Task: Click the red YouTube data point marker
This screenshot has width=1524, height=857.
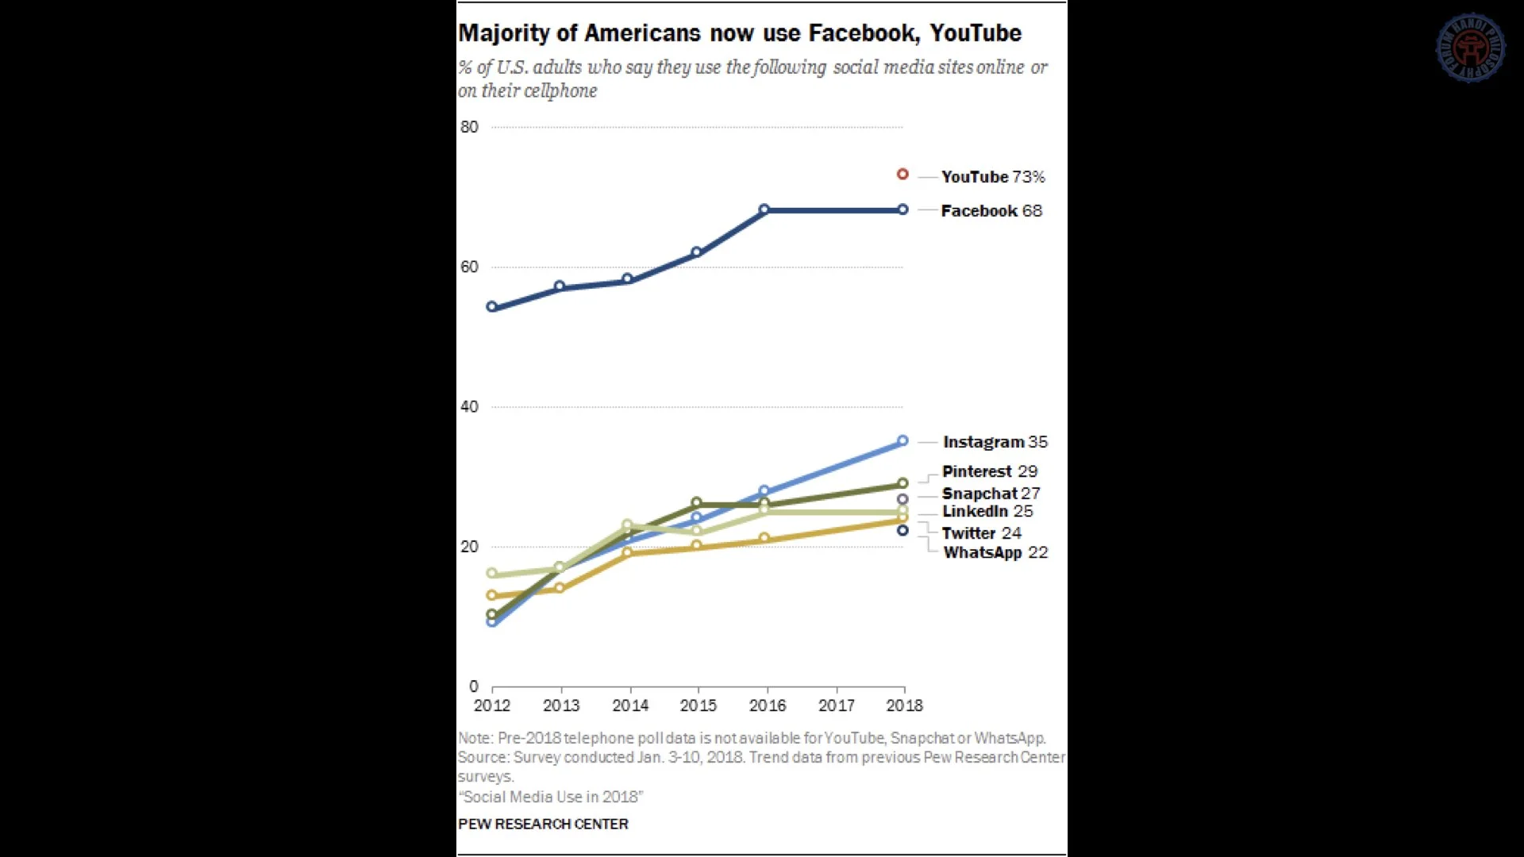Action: click(x=902, y=175)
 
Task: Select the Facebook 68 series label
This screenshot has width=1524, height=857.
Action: click(x=991, y=211)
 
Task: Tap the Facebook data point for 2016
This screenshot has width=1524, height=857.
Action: click(x=764, y=210)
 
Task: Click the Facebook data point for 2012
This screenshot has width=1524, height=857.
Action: click(x=492, y=307)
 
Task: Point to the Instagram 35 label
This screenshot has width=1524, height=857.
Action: click(x=995, y=442)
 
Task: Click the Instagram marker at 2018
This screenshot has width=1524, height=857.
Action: click(x=902, y=441)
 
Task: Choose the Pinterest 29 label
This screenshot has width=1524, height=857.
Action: click(x=990, y=471)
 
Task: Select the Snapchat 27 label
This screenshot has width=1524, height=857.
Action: click(x=991, y=494)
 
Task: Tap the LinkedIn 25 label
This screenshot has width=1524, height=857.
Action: click(x=987, y=512)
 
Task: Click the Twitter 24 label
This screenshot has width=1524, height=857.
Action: click(x=981, y=533)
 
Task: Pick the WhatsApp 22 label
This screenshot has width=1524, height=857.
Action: click(x=995, y=553)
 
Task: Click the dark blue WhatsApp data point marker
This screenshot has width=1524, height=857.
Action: click(x=902, y=530)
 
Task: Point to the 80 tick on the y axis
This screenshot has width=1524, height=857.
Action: click(x=469, y=127)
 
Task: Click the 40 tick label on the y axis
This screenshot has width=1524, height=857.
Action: click(x=469, y=407)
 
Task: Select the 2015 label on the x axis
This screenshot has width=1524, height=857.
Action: click(x=698, y=705)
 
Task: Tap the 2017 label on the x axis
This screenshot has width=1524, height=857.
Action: click(x=837, y=705)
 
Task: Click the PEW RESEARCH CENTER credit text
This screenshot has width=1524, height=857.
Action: click(x=543, y=824)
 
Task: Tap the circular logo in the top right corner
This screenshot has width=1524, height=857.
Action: click(x=1471, y=48)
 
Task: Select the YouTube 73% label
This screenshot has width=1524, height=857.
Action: click(x=993, y=177)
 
